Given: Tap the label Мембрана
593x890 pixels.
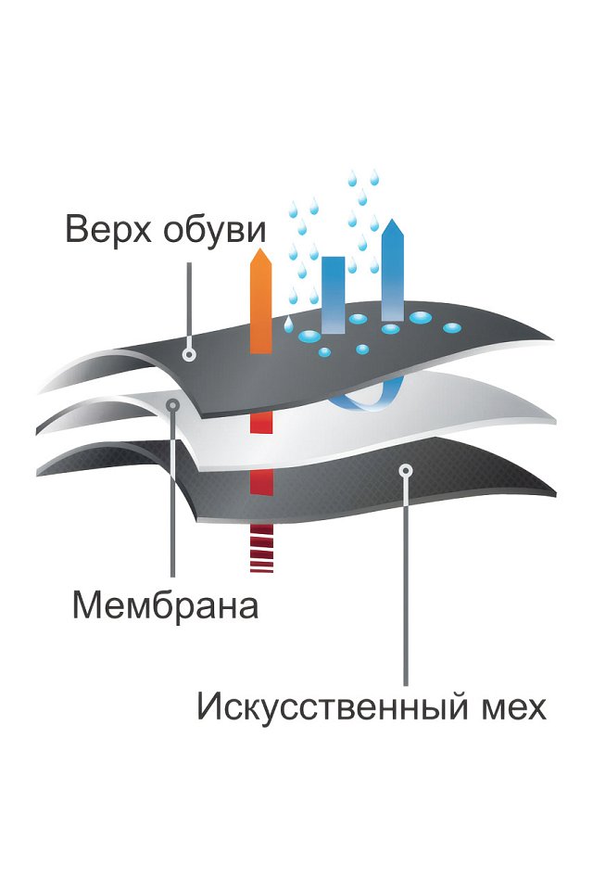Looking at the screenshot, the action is pos(166,605).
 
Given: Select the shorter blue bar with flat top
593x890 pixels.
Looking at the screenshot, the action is pos(334,295).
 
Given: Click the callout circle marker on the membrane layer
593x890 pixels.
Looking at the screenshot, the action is pos(173,405).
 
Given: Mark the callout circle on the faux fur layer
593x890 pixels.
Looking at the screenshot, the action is pos(405,470).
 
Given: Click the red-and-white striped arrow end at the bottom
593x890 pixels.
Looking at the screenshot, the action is pos(261,548).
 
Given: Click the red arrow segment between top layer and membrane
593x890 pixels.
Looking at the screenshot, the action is pos(261,423).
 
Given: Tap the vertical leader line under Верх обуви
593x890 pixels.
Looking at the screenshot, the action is pos(189,305).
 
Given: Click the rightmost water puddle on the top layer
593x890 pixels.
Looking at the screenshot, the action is pos(452,327).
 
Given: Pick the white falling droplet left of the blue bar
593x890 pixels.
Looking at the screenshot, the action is pos(288,324).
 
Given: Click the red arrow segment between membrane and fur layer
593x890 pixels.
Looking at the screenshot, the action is pos(261,481).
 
